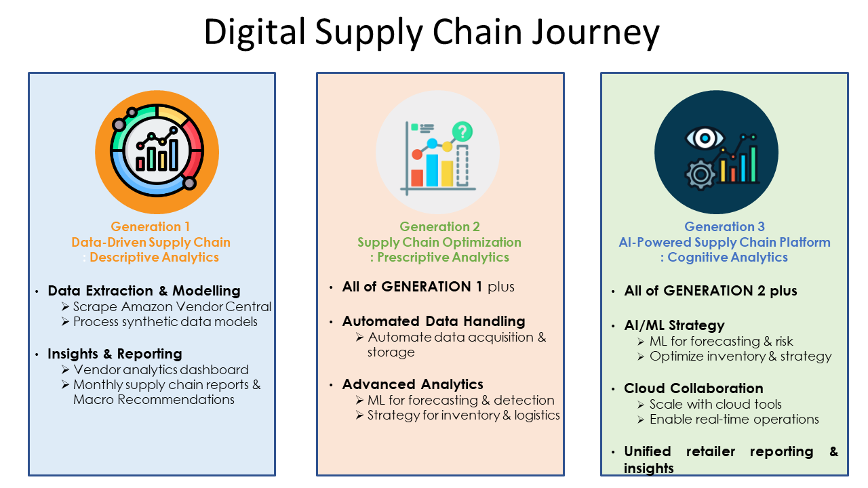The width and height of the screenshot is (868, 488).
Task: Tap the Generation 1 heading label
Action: point(151,226)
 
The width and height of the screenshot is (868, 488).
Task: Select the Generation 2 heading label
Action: point(439,226)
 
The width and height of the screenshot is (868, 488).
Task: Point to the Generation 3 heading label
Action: point(724,226)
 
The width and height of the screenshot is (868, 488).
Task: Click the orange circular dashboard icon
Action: point(157,151)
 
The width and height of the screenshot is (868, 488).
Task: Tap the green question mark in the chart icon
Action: point(462,131)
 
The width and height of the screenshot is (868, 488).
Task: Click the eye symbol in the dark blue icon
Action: point(705,138)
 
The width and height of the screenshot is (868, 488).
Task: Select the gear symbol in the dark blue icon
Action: point(701,175)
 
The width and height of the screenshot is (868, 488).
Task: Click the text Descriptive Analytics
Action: point(154,257)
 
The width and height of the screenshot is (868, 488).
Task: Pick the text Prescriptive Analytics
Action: point(443,257)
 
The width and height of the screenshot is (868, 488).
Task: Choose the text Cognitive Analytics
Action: point(728,257)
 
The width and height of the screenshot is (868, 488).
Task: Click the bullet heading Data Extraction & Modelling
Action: point(144,291)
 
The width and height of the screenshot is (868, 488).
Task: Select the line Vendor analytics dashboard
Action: point(161,369)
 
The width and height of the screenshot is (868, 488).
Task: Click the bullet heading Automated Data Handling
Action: point(434,321)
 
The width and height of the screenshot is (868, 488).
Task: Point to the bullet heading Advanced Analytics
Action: point(413,384)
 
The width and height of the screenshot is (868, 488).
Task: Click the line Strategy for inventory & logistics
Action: point(464,415)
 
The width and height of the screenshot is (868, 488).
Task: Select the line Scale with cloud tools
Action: point(715,404)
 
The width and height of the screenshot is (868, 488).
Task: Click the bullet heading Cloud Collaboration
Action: point(694,388)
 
